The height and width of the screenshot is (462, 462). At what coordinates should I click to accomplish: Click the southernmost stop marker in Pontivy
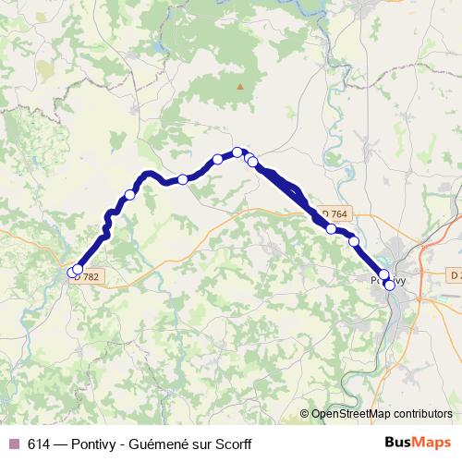point(390,286)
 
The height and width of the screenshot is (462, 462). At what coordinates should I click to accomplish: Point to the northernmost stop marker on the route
point(237,152)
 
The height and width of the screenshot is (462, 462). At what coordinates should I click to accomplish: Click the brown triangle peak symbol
point(240,87)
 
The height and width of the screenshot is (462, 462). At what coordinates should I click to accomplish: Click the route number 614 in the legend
point(40,444)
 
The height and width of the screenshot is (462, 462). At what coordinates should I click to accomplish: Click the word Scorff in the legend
point(232,444)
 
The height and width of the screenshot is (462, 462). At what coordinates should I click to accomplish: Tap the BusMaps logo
point(414,443)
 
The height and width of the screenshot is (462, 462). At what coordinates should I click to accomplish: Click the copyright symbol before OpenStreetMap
point(304,414)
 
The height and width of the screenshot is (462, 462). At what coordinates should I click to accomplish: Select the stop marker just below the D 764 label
point(331,228)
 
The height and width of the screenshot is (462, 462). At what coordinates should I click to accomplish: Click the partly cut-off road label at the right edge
point(455,274)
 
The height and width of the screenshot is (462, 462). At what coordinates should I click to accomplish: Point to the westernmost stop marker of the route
point(72,272)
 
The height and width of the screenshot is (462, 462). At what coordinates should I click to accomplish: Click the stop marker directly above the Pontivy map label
point(384,274)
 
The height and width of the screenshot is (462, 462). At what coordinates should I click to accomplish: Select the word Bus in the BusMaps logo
point(397,443)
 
